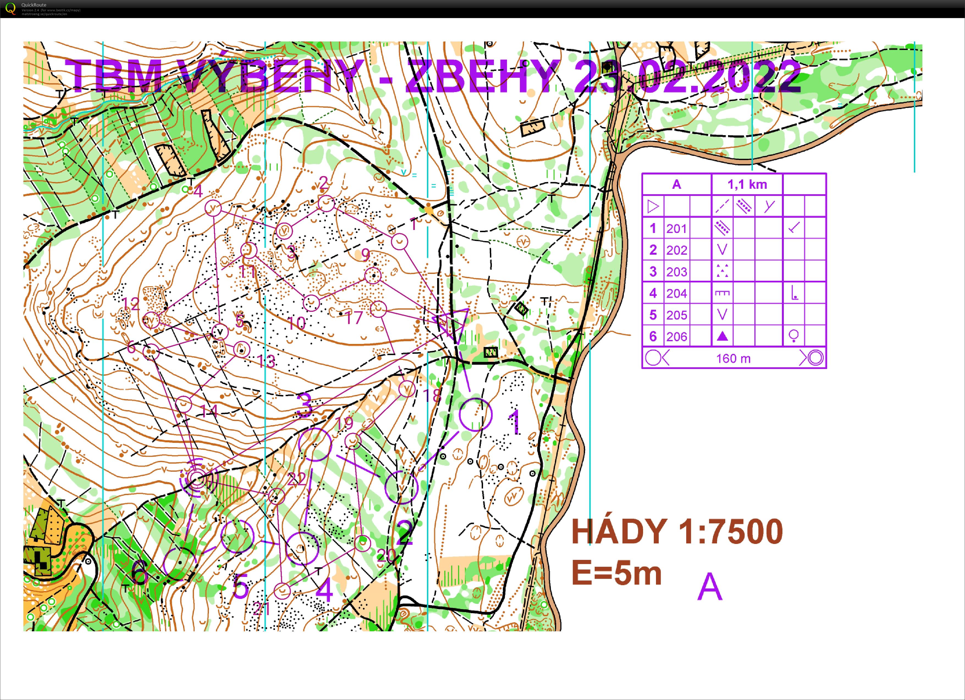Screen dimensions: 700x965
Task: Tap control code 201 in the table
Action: click(x=677, y=229)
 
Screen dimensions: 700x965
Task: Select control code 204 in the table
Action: click(x=677, y=293)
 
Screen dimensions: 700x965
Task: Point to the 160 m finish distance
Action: click(x=733, y=359)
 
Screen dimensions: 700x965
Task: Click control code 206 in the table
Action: click(x=677, y=337)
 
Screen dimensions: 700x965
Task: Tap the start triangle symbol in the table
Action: click(x=653, y=207)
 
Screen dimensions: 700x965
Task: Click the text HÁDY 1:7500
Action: click(x=677, y=532)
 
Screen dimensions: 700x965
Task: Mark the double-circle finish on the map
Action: click(x=197, y=480)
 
